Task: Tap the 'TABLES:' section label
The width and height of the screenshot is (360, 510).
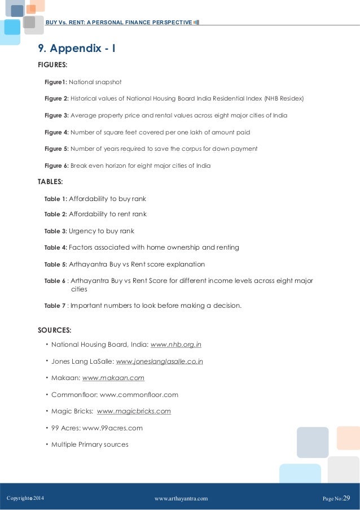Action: pos(50,182)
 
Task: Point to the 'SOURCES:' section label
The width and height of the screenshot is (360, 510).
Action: pos(55,330)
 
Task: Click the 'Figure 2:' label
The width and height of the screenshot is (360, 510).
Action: pos(56,99)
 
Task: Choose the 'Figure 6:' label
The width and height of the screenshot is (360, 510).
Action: pos(56,166)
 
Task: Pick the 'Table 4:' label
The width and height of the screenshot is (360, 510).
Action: pos(55,247)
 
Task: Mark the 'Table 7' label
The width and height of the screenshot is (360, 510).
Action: pos(54,306)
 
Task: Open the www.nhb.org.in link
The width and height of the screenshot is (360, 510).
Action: pos(176,344)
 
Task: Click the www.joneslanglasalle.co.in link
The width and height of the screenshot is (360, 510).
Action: pos(159,361)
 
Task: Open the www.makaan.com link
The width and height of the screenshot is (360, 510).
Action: pos(113,378)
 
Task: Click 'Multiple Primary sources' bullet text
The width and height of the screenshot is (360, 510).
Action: pos(90,444)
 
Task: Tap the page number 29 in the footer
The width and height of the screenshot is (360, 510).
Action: pos(346,498)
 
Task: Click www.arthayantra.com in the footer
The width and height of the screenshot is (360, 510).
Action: pos(181,498)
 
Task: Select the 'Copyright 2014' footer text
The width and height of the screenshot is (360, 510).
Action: pos(25,498)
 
